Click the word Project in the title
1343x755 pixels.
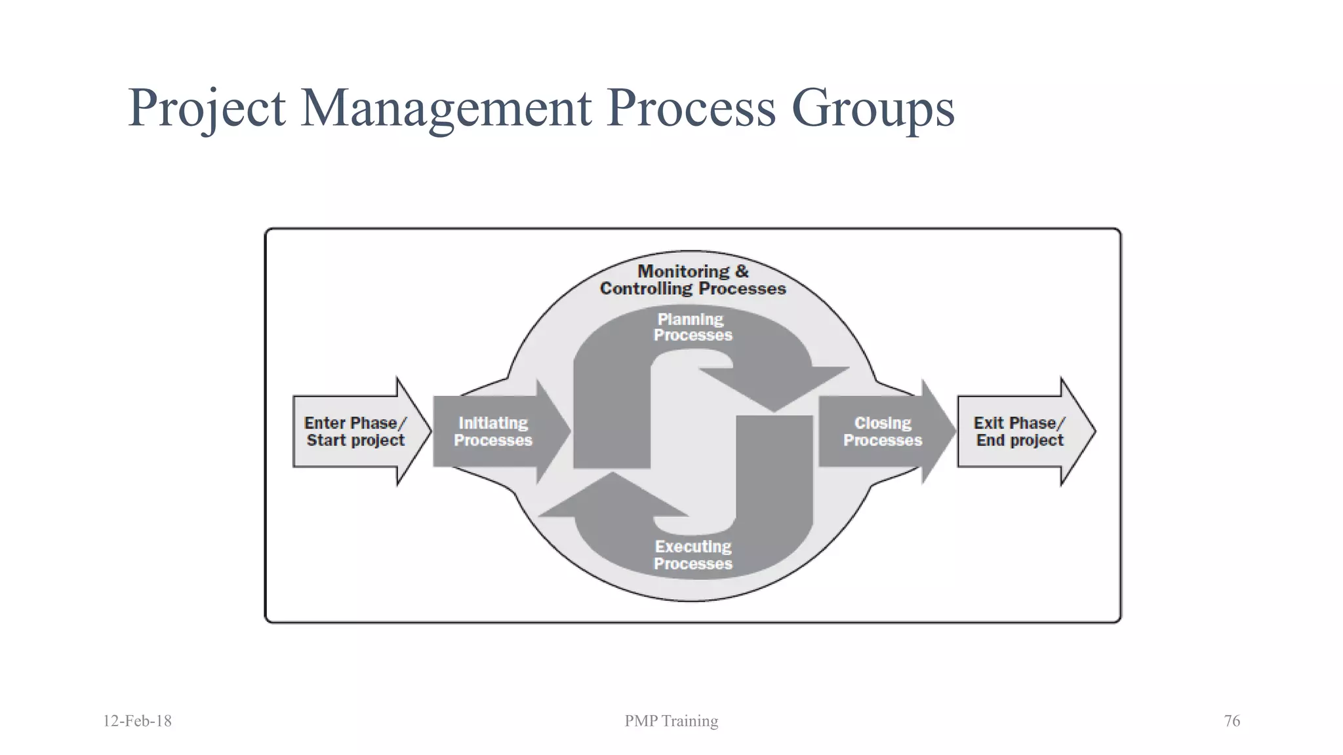(207, 108)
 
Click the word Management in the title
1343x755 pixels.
(446, 108)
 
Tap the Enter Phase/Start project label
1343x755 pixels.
(355, 432)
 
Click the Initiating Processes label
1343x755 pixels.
(492, 432)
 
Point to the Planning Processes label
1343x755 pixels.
(692, 327)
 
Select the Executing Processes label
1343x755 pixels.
(692, 555)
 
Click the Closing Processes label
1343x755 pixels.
(882, 432)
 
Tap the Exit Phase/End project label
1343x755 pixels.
(1019, 432)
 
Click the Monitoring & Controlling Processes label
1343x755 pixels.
(692, 280)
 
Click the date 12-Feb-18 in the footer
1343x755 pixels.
(137, 721)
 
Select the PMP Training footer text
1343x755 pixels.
(671, 721)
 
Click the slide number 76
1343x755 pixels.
(1232, 721)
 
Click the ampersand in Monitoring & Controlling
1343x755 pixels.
(742, 271)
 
